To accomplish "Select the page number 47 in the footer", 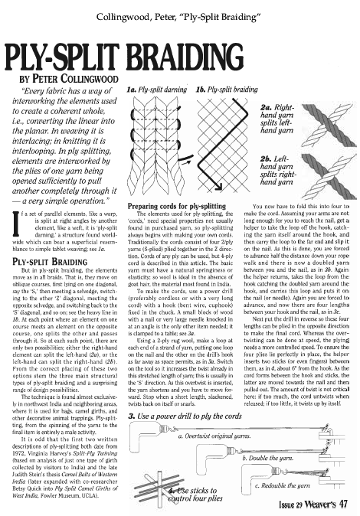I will coord(343,503).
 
